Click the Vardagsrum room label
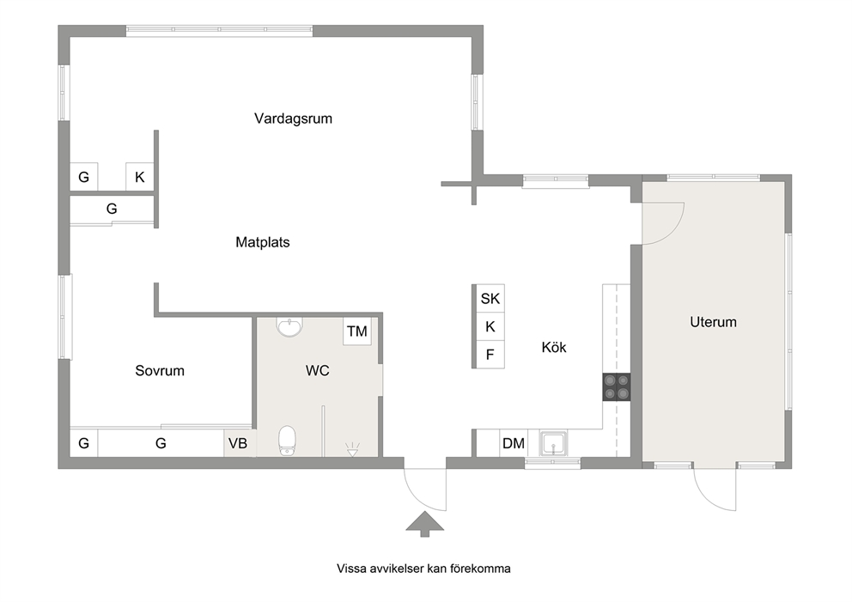[x=293, y=119]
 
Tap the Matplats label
[x=263, y=242]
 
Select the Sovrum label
[x=160, y=370]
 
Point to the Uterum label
[x=713, y=322]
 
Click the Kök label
[x=554, y=347]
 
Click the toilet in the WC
[x=287, y=440]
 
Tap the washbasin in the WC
[x=289, y=327]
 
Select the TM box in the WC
[x=357, y=331]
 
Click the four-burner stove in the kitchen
[x=616, y=387]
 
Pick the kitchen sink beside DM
[x=553, y=443]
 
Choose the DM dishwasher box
[x=514, y=443]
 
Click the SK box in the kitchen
[x=490, y=298]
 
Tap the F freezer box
[x=490, y=355]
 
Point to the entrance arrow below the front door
[x=425, y=525]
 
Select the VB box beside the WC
[x=238, y=443]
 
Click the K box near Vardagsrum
[x=140, y=177]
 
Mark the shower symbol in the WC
[x=353, y=449]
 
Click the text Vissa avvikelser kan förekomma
[x=423, y=569]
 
